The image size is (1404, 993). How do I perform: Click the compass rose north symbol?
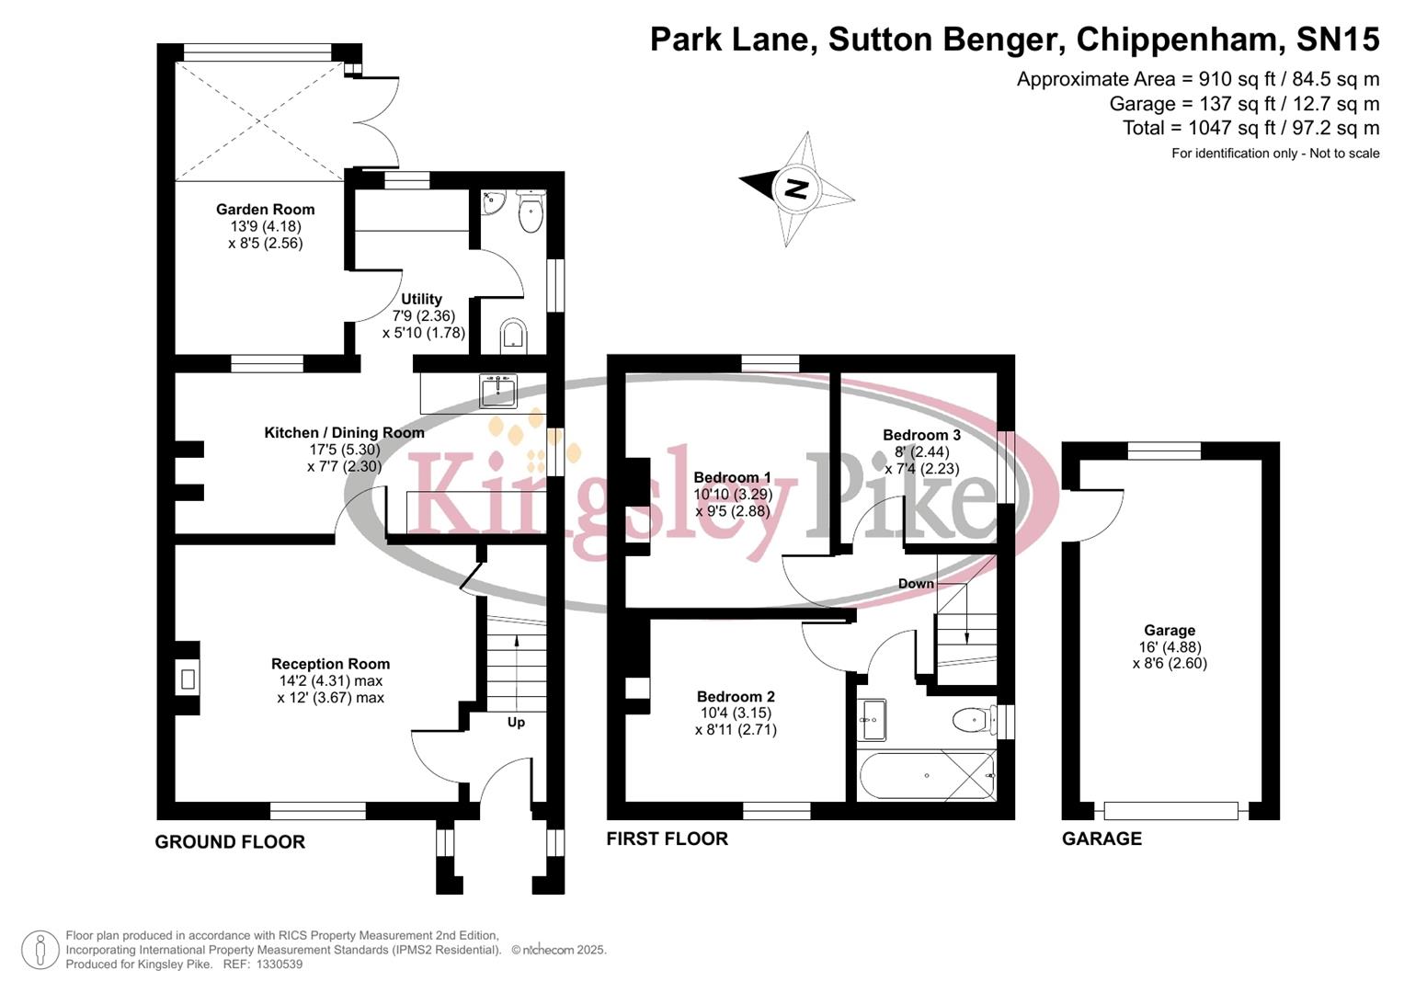[796, 188]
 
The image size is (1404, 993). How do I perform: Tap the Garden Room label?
[265, 210]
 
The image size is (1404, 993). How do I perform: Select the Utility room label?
[421, 299]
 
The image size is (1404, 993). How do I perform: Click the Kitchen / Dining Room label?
[344, 432]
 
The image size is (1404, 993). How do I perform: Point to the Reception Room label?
[330, 664]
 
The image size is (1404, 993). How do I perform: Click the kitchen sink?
[498, 391]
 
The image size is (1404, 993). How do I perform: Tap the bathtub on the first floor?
[926, 776]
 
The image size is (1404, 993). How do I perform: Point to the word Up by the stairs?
[516, 723]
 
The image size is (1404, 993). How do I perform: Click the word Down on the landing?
[916, 584]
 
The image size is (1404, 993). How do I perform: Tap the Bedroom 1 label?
[732, 477]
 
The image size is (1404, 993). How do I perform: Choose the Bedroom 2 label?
[736, 696]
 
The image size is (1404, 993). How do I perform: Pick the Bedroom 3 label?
[921, 435]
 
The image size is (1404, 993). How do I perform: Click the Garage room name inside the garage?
[1170, 630]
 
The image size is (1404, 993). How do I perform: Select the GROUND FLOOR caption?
[230, 841]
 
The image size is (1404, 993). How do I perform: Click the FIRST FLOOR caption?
[667, 839]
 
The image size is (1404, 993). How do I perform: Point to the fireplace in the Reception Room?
[188, 679]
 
